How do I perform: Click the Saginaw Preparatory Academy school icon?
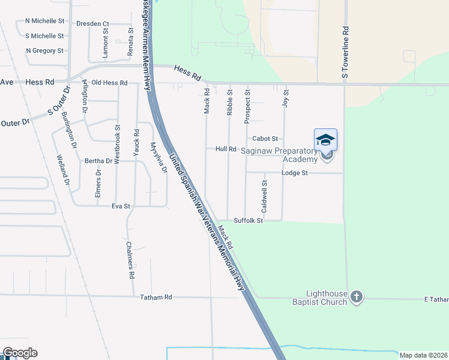325,140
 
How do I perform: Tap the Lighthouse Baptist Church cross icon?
357,296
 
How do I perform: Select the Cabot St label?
265,139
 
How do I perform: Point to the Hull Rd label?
226,149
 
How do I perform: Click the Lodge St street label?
294,173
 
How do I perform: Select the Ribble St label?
229,102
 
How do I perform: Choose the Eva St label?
121,206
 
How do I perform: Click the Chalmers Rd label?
131,260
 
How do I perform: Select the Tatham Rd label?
156,297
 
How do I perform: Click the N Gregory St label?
45,51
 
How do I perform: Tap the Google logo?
20,353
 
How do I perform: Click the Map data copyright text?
423,355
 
